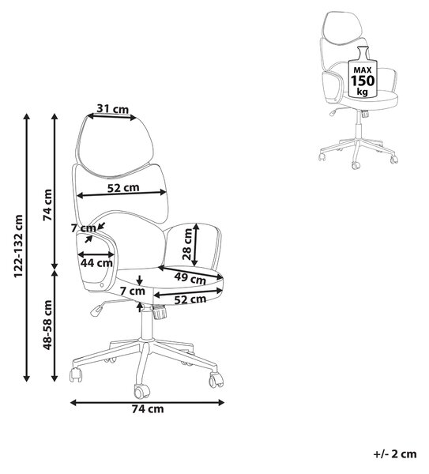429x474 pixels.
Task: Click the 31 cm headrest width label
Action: [113, 108]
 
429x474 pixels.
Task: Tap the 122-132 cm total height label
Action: [18, 246]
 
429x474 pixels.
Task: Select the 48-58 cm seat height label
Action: [47, 325]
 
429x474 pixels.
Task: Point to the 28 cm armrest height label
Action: [187, 244]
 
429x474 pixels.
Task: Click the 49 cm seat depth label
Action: [190, 278]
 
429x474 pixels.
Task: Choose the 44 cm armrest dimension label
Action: [96, 263]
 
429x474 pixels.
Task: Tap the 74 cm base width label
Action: [148, 409]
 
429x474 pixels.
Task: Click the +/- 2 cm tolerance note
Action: [395, 453]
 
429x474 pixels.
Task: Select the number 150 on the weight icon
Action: [363, 81]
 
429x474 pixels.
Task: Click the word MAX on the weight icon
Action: [363, 70]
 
